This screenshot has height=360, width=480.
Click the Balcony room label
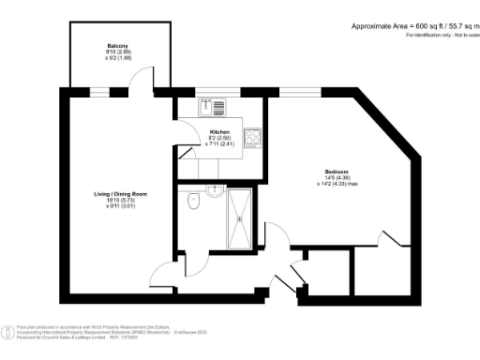tap(117, 44)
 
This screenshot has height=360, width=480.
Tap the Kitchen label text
tap(219, 131)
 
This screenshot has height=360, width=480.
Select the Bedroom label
tap(337, 172)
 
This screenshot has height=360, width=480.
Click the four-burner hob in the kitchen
tap(252, 139)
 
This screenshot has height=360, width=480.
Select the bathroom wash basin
tap(215, 191)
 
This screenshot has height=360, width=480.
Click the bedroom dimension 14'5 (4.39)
tap(337, 178)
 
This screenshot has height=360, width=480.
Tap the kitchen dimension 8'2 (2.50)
tap(219, 138)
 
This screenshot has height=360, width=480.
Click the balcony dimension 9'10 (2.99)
tap(117, 51)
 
